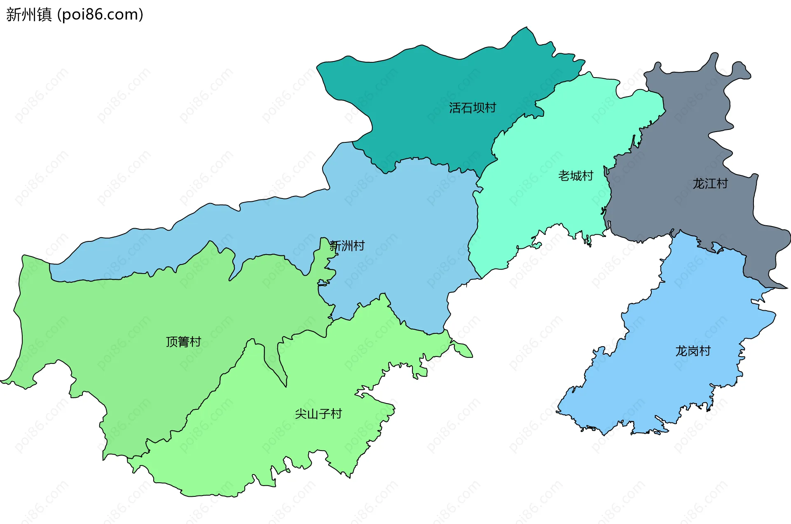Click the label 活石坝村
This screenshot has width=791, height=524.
[x=473, y=108]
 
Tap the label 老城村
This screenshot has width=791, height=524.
[x=576, y=176]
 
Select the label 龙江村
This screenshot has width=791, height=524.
[x=710, y=184]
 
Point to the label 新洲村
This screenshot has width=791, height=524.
[x=347, y=246]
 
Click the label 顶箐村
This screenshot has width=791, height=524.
[x=183, y=342]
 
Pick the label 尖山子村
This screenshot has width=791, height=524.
[x=318, y=414]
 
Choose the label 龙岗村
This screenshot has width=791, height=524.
[x=693, y=351]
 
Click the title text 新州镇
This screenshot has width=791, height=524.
[x=29, y=14]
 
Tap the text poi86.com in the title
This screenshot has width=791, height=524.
[x=100, y=14]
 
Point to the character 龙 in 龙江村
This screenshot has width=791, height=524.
[x=698, y=184]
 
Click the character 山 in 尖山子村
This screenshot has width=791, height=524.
[x=313, y=414]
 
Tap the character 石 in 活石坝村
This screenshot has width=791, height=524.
[x=467, y=108]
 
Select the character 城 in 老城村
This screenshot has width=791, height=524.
[x=576, y=176]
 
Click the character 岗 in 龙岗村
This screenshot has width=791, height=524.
[x=693, y=351]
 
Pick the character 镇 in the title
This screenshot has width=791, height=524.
[x=44, y=14]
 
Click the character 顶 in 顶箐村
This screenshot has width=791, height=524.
[x=172, y=342]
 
